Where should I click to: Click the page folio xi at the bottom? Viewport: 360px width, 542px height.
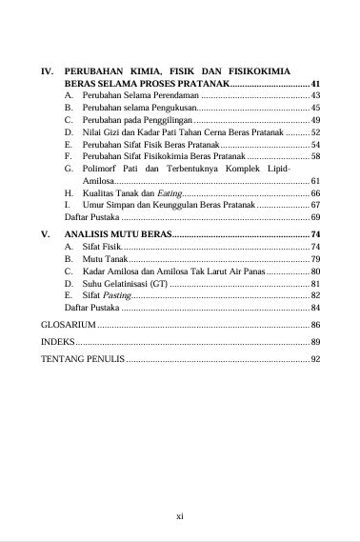point(180,515)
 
